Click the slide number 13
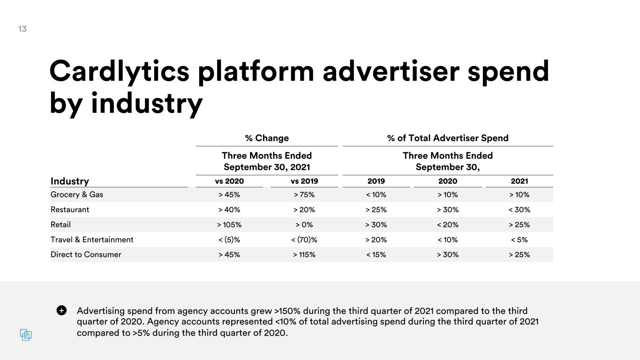pyautogui.click(x=23, y=29)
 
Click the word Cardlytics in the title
pyautogui.click(x=120, y=72)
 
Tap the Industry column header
pyautogui.click(x=70, y=181)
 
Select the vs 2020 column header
pyautogui.click(x=229, y=181)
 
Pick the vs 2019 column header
pyautogui.click(x=304, y=181)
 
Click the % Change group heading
pyautogui.click(x=267, y=138)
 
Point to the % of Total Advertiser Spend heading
pyautogui.click(x=448, y=138)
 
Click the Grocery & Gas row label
pyautogui.click(x=76, y=195)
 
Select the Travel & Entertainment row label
pyautogui.click(x=92, y=240)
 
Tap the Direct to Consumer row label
pyautogui.click(x=86, y=255)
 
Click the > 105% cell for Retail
pyautogui.click(x=229, y=225)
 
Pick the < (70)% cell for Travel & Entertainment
pyautogui.click(x=304, y=240)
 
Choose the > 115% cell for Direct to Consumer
pyautogui.click(x=304, y=255)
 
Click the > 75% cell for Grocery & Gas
pyautogui.click(x=304, y=195)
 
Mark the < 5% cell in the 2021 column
pyautogui.click(x=520, y=240)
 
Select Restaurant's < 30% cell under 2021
pyautogui.click(x=520, y=210)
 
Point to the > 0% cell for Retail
pyautogui.click(x=304, y=225)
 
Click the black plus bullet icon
pyautogui.click(x=61, y=310)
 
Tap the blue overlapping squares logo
pyautogui.click(x=26, y=335)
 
